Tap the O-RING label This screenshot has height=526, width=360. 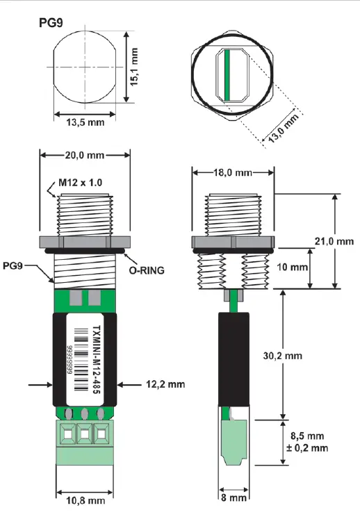147,270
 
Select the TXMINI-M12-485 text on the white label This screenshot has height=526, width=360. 97,360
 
